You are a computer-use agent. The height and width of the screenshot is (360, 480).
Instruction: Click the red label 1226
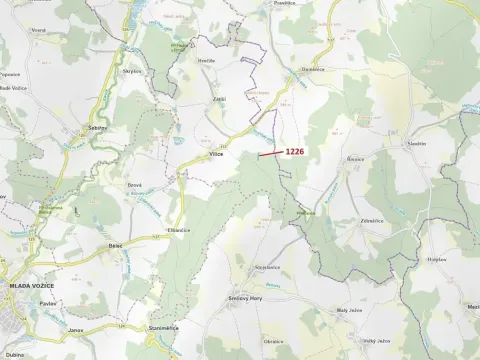[295, 151]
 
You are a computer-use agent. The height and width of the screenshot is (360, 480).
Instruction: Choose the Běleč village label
[115, 243]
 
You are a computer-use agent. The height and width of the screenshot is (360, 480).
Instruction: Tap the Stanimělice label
[163, 326]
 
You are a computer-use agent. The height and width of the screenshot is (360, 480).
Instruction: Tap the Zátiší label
[219, 99]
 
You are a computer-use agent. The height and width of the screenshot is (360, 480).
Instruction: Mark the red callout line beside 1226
[269, 153]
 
